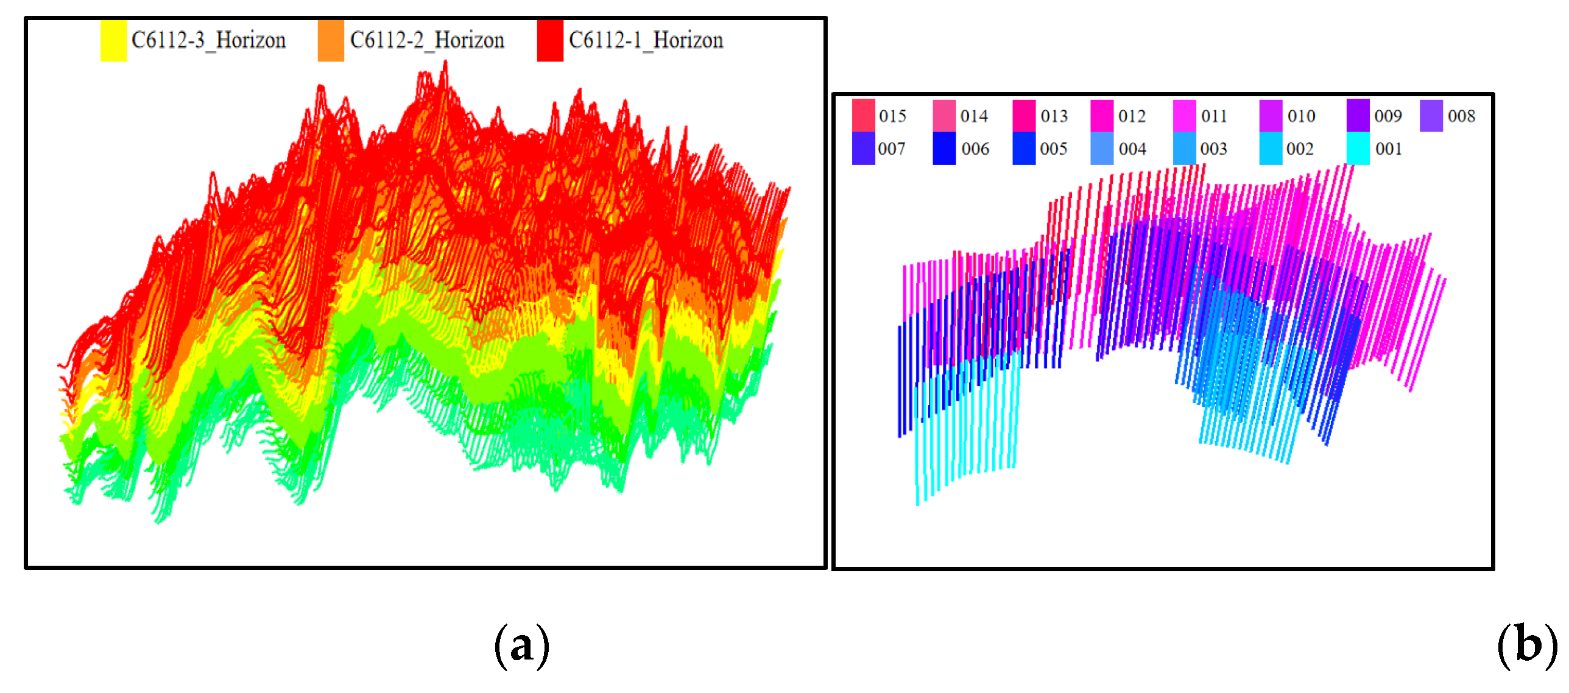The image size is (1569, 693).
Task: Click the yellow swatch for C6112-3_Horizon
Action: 113,41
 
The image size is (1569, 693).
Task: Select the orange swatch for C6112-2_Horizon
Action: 331,41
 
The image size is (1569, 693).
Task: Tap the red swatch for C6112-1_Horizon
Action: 550,41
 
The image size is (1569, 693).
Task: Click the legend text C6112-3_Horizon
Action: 208,40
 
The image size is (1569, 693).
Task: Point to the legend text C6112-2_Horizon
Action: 427,40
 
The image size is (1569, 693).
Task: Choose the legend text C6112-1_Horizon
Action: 646,40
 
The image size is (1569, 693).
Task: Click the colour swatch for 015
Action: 863,115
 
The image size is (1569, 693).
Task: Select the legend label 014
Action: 974,116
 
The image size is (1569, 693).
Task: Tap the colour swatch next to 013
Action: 1024,115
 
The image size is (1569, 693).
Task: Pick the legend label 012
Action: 1132,116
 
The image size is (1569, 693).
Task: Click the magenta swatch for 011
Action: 1184,115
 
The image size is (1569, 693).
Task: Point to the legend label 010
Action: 1301,116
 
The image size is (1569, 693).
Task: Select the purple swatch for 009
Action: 1358,115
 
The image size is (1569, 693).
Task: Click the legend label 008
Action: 1461,116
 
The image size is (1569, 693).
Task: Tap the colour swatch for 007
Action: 863,149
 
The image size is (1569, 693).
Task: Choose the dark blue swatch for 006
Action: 944,149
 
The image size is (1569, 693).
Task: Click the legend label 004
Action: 1132,149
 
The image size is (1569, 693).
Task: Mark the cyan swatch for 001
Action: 1358,149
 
